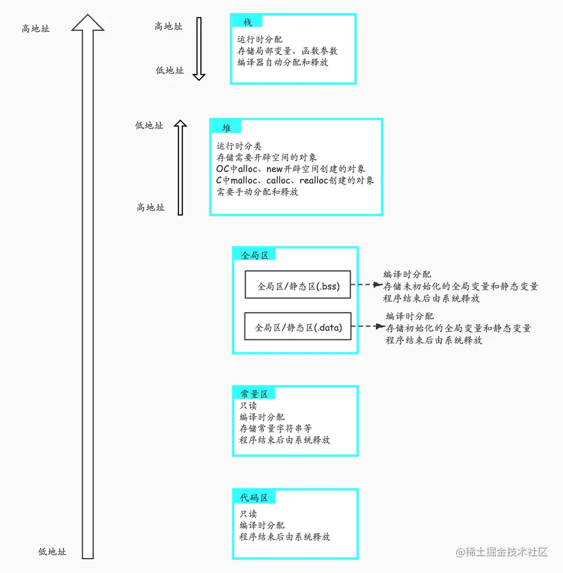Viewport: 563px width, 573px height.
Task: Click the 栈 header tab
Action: point(247,22)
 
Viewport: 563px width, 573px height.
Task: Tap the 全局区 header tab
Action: point(255,255)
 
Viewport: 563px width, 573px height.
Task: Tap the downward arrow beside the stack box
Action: point(199,48)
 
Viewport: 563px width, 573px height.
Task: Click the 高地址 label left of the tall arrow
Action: point(36,28)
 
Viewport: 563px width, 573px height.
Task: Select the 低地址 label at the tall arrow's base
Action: point(52,551)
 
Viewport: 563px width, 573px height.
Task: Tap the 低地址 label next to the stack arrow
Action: point(170,70)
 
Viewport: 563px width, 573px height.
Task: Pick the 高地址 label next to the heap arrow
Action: point(150,207)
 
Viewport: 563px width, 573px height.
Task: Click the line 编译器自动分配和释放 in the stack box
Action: point(283,62)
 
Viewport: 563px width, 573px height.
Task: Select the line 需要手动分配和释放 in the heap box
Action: point(258,192)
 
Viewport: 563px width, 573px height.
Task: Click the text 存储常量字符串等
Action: point(275,428)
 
